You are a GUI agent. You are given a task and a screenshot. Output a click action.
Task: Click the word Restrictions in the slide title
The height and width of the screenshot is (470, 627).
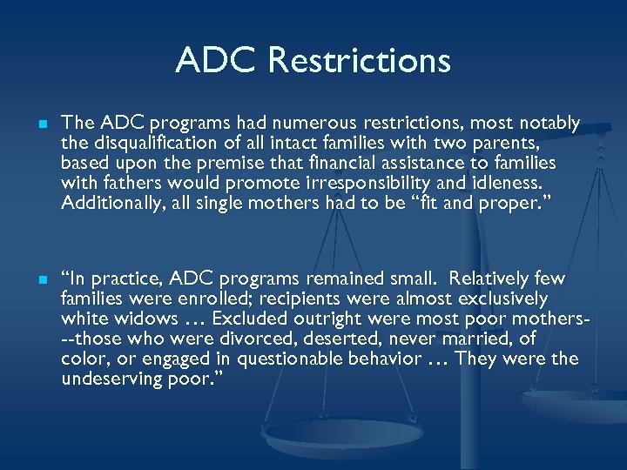(x=360, y=61)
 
